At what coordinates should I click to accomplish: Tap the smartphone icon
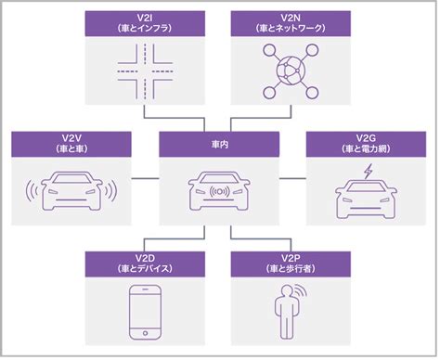145,310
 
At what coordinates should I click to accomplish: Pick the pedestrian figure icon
287,310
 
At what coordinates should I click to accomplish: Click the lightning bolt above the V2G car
369,170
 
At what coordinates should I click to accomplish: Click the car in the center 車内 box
218,191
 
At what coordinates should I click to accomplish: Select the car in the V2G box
365,195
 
